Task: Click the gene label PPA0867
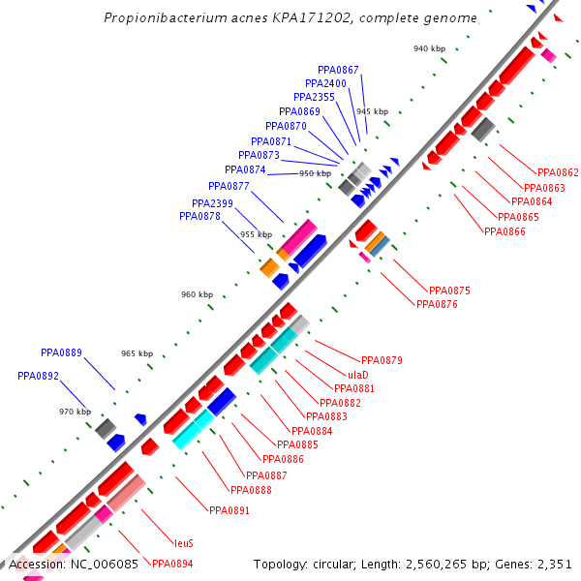click(338, 70)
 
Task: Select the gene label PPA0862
click(558, 173)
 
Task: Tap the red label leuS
click(184, 543)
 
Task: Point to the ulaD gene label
click(357, 375)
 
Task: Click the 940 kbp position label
click(429, 48)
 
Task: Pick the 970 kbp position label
click(75, 412)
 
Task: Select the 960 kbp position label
click(196, 294)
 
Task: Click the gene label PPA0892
click(38, 376)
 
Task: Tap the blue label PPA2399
click(212, 203)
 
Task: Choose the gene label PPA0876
click(436, 304)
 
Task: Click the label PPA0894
click(171, 563)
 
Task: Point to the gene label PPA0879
click(382, 360)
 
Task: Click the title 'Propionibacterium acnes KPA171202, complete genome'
click(290, 18)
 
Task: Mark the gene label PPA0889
click(61, 352)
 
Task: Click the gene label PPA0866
click(505, 231)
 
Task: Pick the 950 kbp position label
click(314, 173)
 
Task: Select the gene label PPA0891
click(229, 509)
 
